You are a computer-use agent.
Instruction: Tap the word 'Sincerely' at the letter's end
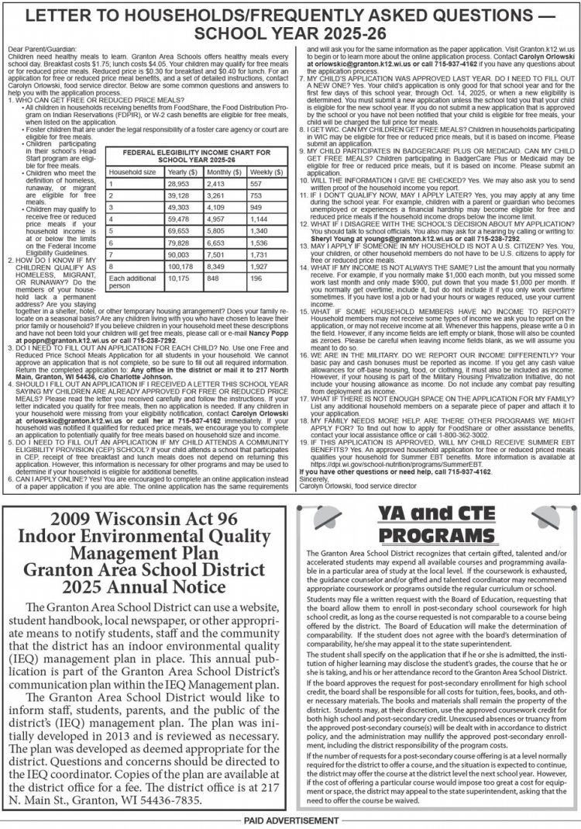click(x=313, y=480)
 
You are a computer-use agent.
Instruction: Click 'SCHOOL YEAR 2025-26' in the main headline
click(x=290, y=34)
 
